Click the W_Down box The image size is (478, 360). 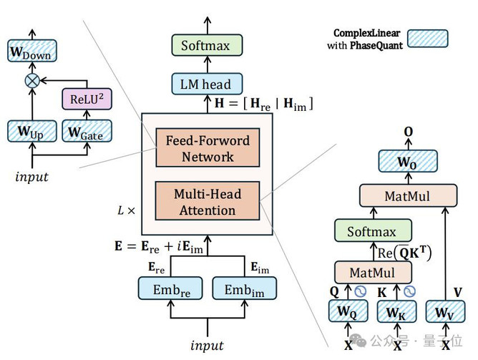[32, 51]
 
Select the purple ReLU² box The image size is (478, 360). [87, 99]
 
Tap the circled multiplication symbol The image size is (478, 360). [32, 81]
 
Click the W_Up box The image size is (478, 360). [32, 131]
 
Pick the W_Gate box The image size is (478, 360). [87, 131]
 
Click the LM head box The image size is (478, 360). [207, 84]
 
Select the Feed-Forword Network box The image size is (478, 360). [208, 147]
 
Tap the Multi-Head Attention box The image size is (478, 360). [208, 201]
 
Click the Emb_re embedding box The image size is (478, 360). [170, 288]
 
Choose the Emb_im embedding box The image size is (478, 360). [245, 288]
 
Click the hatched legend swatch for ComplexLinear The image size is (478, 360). [428, 39]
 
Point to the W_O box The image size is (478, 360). [408, 161]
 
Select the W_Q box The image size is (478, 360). [348, 311]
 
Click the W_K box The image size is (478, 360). [396, 311]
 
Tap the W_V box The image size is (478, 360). [445, 311]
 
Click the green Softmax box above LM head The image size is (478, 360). [207, 45]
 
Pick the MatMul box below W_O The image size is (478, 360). [408, 195]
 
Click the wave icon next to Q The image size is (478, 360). [361, 291]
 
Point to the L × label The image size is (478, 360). [126, 210]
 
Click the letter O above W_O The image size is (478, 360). [408, 132]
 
